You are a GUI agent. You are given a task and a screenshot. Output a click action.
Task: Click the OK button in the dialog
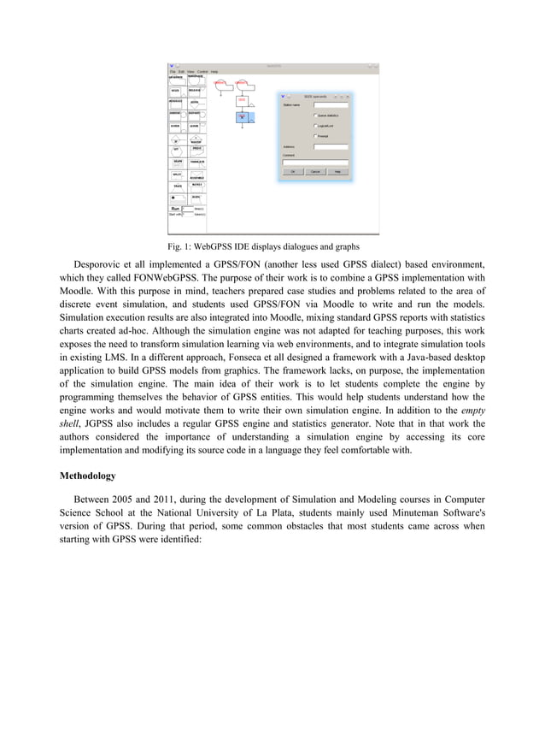pos(292,171)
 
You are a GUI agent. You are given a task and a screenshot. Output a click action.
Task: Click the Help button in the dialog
pos(337,171)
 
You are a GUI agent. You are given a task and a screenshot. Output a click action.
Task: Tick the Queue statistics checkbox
pos(315,115)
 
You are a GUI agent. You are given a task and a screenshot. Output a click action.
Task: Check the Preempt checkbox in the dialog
pos(315,135)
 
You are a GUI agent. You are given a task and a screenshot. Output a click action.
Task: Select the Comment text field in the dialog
pos(315,162)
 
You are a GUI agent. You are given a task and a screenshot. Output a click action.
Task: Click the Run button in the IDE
pos(174,208)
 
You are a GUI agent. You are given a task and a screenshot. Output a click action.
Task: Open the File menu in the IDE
pos(172,71)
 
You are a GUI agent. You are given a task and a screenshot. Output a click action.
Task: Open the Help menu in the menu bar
pos(214,71)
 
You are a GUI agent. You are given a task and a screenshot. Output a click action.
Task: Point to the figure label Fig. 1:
pos(180,247)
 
